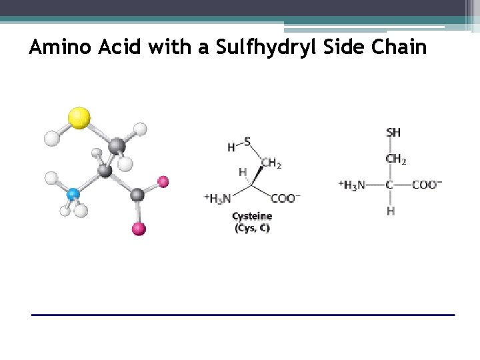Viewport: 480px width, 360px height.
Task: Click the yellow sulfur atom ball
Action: tap(79, 117)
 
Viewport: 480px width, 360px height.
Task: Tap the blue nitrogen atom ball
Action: tap(74, 195)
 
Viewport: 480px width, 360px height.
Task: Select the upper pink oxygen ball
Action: tap(163, 181)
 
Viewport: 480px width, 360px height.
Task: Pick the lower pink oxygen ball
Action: tap(139, 229)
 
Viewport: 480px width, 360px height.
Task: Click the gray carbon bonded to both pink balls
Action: tap(137, 195)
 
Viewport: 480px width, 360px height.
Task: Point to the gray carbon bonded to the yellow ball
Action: tap(116, 145)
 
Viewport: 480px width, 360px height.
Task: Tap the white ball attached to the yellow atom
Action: tap(52, 139)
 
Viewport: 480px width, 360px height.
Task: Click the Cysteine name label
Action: tap(252, 216)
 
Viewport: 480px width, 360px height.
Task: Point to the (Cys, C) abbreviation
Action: tap(252, 228)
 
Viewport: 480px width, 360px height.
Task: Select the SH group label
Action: tap(393, 133)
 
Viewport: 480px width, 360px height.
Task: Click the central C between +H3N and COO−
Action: tap(391, 185)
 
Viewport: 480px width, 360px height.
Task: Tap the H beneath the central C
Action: tap(391, 211)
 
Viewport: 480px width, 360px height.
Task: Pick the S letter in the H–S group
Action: tap(247, 141)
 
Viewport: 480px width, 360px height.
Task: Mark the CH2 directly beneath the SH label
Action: tap(395, 159)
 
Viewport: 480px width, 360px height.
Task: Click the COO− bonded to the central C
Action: tap(427, 185)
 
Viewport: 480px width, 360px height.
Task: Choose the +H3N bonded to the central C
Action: tap(353, 185)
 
